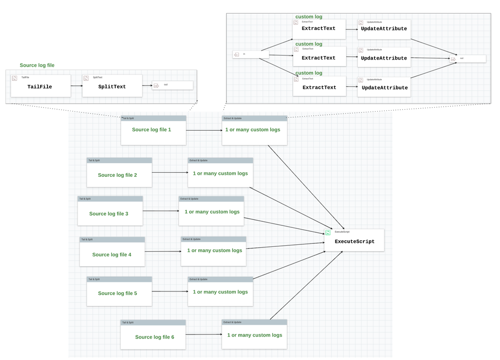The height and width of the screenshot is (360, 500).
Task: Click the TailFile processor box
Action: tap(41, 86)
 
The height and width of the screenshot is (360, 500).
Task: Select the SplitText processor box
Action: tap(112, 86)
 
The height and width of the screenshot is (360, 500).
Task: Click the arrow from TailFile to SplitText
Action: tap(77, 86)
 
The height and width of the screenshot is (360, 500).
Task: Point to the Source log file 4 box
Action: tap(112, 254)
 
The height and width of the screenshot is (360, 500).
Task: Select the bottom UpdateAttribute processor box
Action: tap(384, 87)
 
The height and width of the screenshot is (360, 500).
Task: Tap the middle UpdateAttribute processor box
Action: tap(384, 58)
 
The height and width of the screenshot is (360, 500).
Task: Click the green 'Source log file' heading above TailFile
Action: tap(38, 66)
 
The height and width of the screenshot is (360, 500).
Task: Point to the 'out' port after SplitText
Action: tap(172, 85)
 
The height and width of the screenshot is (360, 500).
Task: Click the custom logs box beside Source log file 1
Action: tap(254, 130)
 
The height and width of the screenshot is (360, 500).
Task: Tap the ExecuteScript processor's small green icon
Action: tap(328, 232)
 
